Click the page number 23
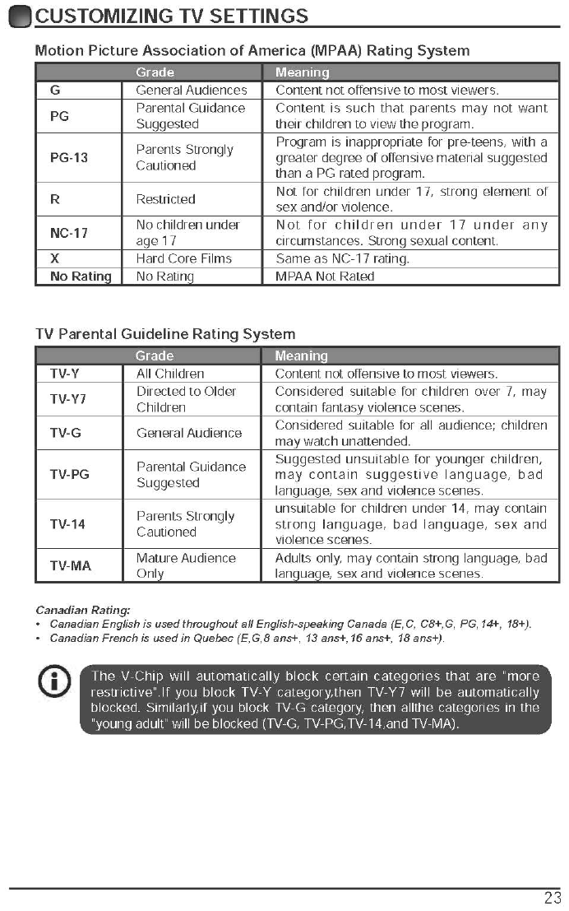click(x=552, y=897)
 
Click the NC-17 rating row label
click(x=69, y=233)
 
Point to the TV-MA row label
click(x=70, y=565)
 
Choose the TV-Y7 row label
click(x=67, y=399)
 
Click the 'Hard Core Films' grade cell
click(x=183, y=258)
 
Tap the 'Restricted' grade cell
click(x=165, y=199)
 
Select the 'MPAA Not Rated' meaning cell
click(x=325, y=277)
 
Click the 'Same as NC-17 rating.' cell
click(x=342, y=258)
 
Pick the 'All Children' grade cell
click(x=170, y=374)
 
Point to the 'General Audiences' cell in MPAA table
click(x=191, y=91)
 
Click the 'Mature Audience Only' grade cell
click(x=186, y=565)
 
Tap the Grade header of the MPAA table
click(x=155, y=72)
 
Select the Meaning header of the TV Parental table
click(x=301, y=356)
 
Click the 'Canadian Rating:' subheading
click(x=83, y=610)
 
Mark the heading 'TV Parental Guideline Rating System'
click(x=165, y=334)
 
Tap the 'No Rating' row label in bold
click(x=81, y=277)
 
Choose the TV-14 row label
click(x=67, y=524)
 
